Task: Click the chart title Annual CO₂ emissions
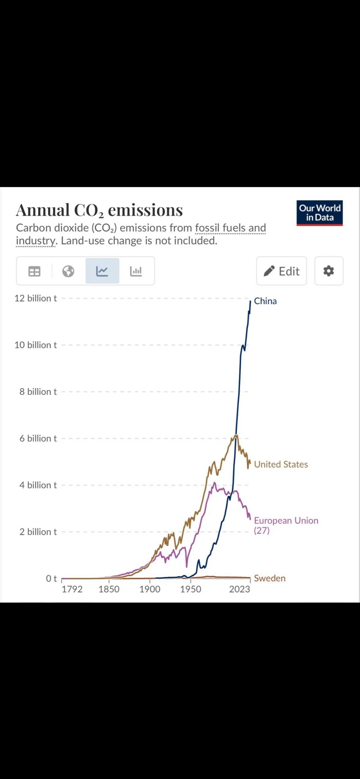click(x=99, y=210)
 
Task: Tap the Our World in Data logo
click(x=319, y=213)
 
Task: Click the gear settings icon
click(x=328, y=271)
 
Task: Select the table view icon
click(x=34, y=271)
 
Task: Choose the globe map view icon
click(x=68, y=271)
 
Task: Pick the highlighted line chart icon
click(x=102, y=271)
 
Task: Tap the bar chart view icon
click(x=136, y=271)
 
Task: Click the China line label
click(x=265, y=301)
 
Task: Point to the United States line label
click(x=281, y=464)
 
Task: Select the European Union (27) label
click(x=286, y=525)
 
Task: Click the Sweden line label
click(x=270, y=578)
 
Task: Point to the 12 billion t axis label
click(x=35, y=298)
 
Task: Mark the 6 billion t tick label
click(x=38, y=439)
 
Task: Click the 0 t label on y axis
click(x=51, y=579)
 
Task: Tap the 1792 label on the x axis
click(x=72, y=589)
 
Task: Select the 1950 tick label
click(x=190, y=589)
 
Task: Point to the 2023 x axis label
click(x=239, y=589)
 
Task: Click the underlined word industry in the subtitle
click(x=36, y=241)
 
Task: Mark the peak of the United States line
click(x=236, y=436)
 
